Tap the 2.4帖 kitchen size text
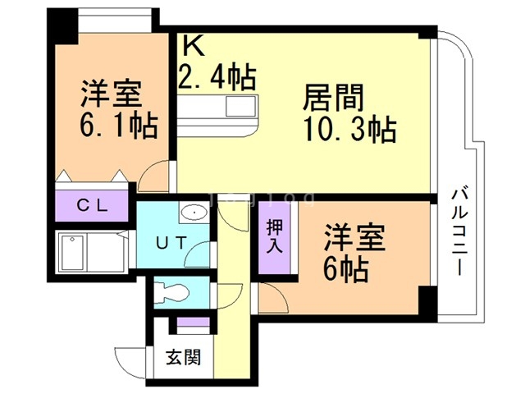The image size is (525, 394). (x=217, y=77)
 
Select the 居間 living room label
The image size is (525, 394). (x=333, y=98)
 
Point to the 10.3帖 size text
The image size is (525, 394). (x=349, y=130)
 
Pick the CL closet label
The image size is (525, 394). (x=92, y=205)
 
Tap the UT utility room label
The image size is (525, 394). (x=171, y=243)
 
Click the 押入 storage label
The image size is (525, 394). (x=275, y=236)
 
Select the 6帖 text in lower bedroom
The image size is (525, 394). (x=346, y=269)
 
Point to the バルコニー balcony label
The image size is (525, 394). (x=459, y=231)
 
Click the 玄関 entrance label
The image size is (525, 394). (x=184, y=357)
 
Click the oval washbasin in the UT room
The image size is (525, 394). (x=194, y=213)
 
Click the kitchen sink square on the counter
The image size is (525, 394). (x=241, y=106)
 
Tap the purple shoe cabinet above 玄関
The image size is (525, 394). (x=194, y=322)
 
